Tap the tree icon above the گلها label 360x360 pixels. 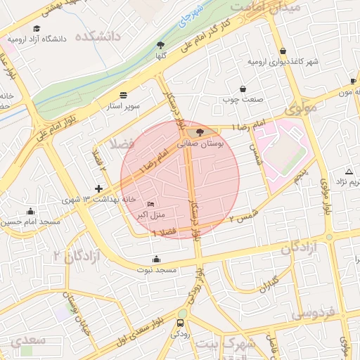[161, 45]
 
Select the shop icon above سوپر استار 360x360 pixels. [124, 94]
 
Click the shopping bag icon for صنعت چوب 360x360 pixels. [243, 89]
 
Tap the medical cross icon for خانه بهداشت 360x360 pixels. [98, 188]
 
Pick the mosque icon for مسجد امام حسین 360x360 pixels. [30, 210]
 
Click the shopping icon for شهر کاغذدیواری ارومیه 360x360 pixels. [283, 51]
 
